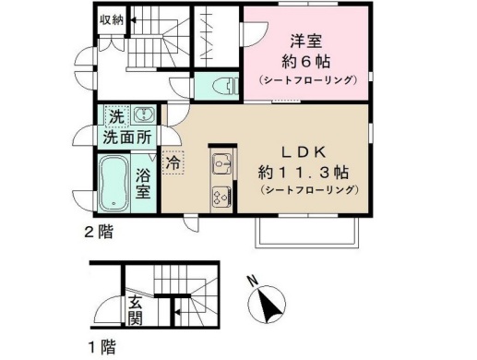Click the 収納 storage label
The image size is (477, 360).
112,20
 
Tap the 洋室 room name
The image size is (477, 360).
306,42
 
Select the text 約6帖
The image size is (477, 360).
306,62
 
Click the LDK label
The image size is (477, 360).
304,152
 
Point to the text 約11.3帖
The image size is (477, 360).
304,172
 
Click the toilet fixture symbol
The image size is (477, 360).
225,86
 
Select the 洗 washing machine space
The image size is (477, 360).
116,116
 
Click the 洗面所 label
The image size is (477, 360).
127,138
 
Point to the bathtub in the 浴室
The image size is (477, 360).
113,183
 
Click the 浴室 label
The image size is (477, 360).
143,185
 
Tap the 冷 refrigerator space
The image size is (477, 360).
173,162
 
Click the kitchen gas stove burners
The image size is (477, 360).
221,197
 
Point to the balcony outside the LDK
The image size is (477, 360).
307,233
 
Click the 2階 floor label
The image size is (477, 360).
99,232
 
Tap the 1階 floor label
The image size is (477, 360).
102,347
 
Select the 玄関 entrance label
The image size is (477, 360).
136,310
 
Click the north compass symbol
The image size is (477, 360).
267,304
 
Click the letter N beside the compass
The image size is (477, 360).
254,281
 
